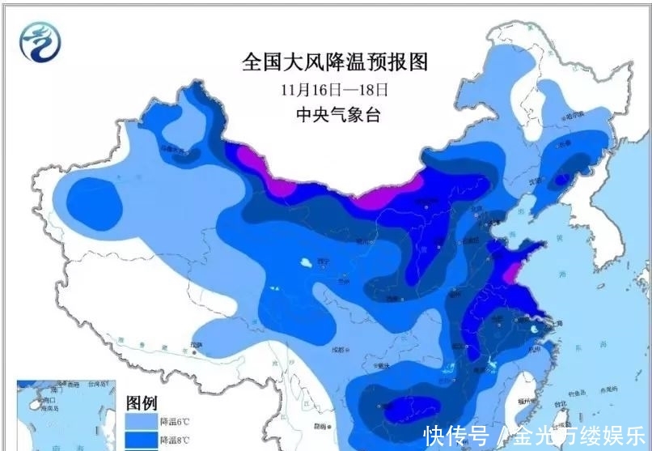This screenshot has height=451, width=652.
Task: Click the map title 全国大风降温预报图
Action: click(x=334, y=62)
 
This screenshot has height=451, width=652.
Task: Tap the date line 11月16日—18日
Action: click(x=335, y=89)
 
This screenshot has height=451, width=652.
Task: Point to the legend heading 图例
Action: click(x=141, y=402)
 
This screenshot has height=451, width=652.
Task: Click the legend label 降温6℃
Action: click(x=176, y=421)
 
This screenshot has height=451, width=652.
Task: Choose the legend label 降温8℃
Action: click(x=176, y=440)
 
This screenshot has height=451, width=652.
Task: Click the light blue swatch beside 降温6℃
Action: click(x=141, y=421)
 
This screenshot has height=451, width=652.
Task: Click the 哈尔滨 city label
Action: click(x=573, y=117)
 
